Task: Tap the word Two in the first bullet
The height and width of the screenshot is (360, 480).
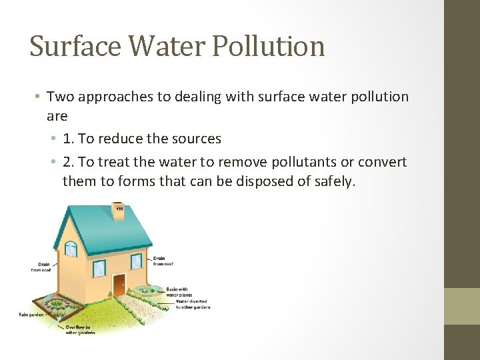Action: (61, 97)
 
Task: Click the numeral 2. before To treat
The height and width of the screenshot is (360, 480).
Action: (69, 162)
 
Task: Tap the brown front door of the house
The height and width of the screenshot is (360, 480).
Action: (119, 285)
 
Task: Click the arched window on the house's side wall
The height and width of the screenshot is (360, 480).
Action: (70, 249)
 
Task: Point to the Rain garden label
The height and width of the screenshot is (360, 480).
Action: (31, 314)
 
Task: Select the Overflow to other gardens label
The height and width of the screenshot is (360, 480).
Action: (80, 329)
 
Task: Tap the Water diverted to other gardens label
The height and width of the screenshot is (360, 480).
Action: (193, 304)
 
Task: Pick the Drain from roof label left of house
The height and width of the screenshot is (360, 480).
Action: (41, 267)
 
